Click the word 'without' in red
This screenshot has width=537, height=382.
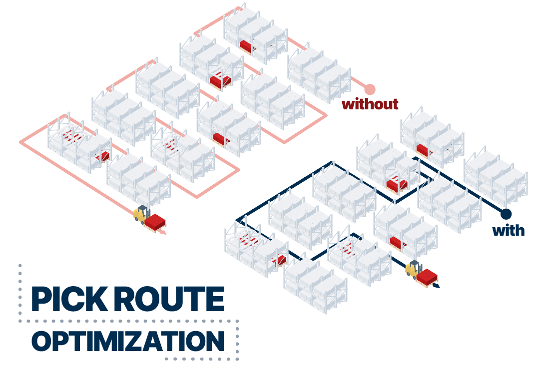pyautogui.click(x=370, y=104)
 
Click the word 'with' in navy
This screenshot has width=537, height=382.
pyautogui.click(x=508, y=230)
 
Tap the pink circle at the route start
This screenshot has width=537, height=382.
pyautogui.click(x=370, y=89)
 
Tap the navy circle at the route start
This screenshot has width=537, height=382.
pyautogui.click(x=506, y=214)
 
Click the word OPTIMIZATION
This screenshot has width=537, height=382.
pyautogui.click(x=127, y=341)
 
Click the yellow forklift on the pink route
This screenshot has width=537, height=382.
pyautogui.click(x=141, y=213)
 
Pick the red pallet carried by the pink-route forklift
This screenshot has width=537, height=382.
pyautogui.click(x=155, y=222)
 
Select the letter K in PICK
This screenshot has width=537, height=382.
pyautogui.click(x=95, y=299)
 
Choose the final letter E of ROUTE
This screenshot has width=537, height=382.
pyautogui.click(x=213, y=299)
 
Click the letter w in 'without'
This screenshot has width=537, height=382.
pyautogui.click(x=348, y=104)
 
